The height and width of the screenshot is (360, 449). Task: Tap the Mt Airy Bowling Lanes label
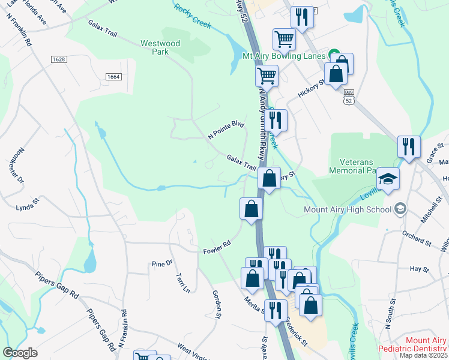point(283,56)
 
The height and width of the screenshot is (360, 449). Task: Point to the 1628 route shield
point(58,59)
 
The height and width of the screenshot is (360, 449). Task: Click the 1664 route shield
point(113,77)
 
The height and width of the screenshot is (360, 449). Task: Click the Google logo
point(20,353)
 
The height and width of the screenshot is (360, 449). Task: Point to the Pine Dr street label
point(162,263)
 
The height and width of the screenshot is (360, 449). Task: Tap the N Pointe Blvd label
point(226,130)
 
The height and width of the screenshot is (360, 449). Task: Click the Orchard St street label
point(418,238)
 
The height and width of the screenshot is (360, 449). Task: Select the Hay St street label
point(420,270)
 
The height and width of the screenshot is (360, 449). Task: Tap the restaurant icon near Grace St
point(409,146)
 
